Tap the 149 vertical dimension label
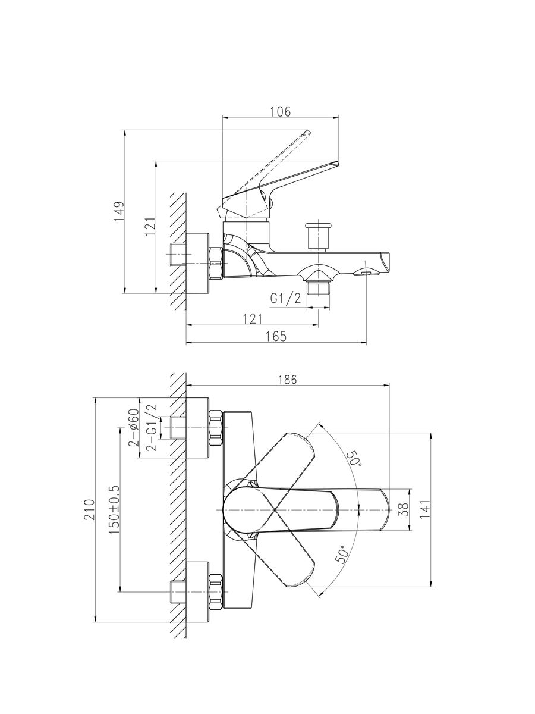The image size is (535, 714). [x=119, y=212]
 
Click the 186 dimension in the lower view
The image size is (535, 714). [x=287, y=380]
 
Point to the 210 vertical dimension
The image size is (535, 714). [x=89, y=511]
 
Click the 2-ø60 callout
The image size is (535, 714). [x=134, y=428]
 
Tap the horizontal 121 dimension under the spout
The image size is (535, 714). [x=252, y=320]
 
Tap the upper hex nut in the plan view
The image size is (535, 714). [x=216, y=428]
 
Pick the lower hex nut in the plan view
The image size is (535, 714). [x=216, y=591]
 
